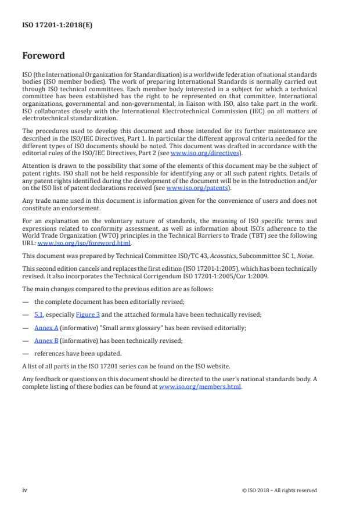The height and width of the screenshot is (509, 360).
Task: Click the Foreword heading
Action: click(44, 56)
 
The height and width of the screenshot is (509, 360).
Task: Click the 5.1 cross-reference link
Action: click(39, 314)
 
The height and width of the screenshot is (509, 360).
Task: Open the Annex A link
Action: click(46, 328)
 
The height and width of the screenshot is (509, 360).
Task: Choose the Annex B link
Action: click(46, 341)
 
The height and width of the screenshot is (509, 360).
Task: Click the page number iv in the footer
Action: click(25, 490)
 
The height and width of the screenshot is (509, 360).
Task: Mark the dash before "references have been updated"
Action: click(26, 354)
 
